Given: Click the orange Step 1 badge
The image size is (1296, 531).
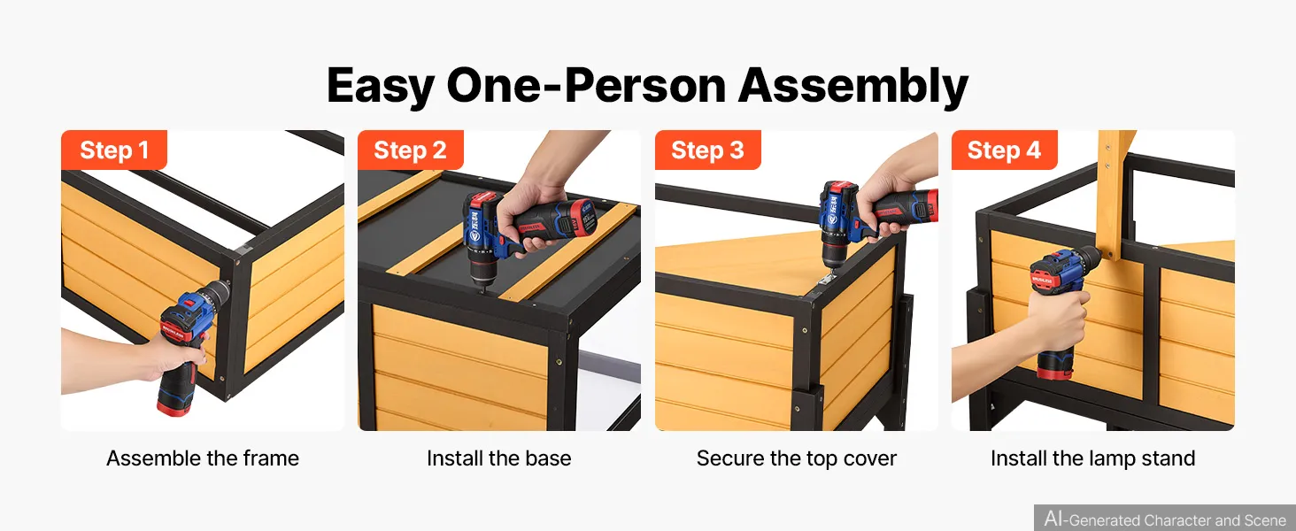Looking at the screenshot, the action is (114, 150).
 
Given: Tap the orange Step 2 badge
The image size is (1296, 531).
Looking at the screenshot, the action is (410, 150).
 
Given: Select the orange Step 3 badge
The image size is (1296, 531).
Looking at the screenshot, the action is (707, 150).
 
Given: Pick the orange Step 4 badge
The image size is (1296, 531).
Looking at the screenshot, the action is (1005, 150).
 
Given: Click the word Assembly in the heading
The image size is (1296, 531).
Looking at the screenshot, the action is (853, 87).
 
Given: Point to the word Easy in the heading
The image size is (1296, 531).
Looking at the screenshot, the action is (380, 87).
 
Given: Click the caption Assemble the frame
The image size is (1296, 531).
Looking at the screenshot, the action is (203, 458).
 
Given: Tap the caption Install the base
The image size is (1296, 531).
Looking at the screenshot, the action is (498, 458).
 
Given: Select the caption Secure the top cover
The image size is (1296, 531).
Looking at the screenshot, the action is (796, 458).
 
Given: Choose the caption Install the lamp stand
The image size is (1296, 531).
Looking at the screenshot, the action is (1093, 458).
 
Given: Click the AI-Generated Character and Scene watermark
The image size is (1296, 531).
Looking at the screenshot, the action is (1165, 519).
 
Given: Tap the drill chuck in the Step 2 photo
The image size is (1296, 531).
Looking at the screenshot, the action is (483, 274).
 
